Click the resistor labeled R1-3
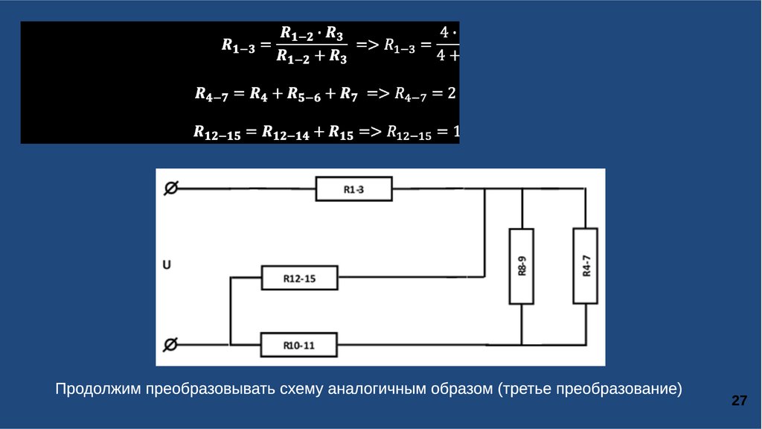coord(353,189)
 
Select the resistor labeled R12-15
coord(299,279)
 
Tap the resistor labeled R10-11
coord(299,345)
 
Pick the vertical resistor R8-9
coord(522,266)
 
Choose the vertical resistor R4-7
coord(586,266)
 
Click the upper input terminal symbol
coord(170,189)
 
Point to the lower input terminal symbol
coord(170,344)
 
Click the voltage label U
coord(167,264)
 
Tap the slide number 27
coord(739,401)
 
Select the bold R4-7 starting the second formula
coord(214,95)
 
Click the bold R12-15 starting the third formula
coord(217,133)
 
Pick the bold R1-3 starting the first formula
coord(239,47)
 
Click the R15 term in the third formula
coord(342,133)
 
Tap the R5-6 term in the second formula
coord(301,95)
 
